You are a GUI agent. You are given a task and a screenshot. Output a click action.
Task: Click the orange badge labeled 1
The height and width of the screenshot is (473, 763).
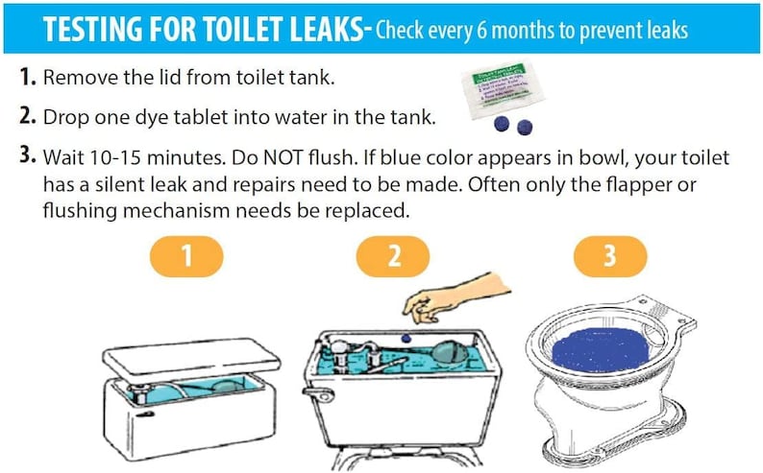187,257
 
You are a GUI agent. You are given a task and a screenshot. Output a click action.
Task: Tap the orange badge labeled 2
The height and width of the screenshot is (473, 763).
392,257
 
